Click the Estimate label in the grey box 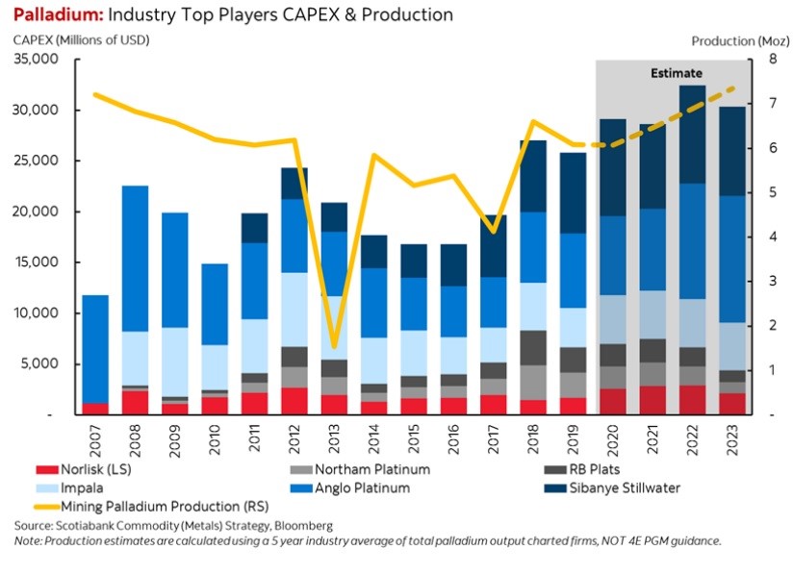point(676,73)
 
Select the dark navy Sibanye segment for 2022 point(692,135)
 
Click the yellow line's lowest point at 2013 point(334,347)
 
